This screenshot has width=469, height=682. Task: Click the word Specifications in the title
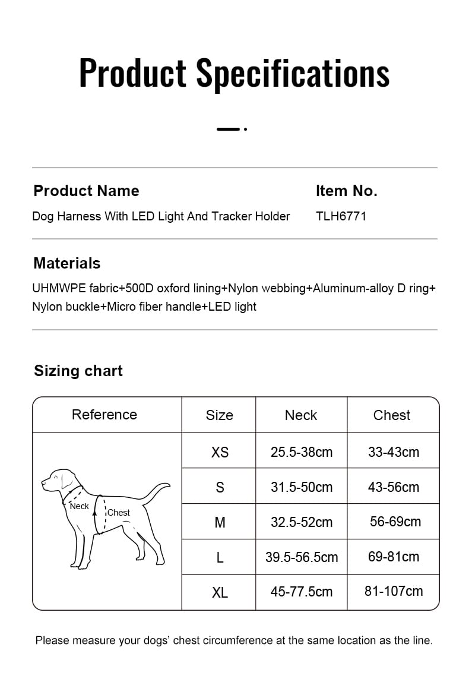click(293, 74)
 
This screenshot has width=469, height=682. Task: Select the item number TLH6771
click(341, 216)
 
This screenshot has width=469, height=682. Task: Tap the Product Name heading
click(86, 191)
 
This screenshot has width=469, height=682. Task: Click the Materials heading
click(67, 263)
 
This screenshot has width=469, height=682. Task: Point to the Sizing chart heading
click(78, 371)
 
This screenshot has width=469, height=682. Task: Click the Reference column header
click(104, 415)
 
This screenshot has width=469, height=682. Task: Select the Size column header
click(219, 415)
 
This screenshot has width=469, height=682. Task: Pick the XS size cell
click(220, 452)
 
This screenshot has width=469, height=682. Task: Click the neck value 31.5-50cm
click(302, 487)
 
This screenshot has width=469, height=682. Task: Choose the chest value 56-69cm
click(395, 522)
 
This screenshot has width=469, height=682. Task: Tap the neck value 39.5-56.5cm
click(302, 557)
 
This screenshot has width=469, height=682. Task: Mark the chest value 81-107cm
click(394, 591)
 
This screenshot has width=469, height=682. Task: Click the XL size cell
click(220, 592)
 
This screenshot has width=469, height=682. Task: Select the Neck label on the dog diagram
click(79, 506)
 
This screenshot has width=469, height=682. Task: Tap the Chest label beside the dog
click(119, 513)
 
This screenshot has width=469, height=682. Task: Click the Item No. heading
click(347, 191)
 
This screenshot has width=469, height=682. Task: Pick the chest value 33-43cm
click(394, 452)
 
